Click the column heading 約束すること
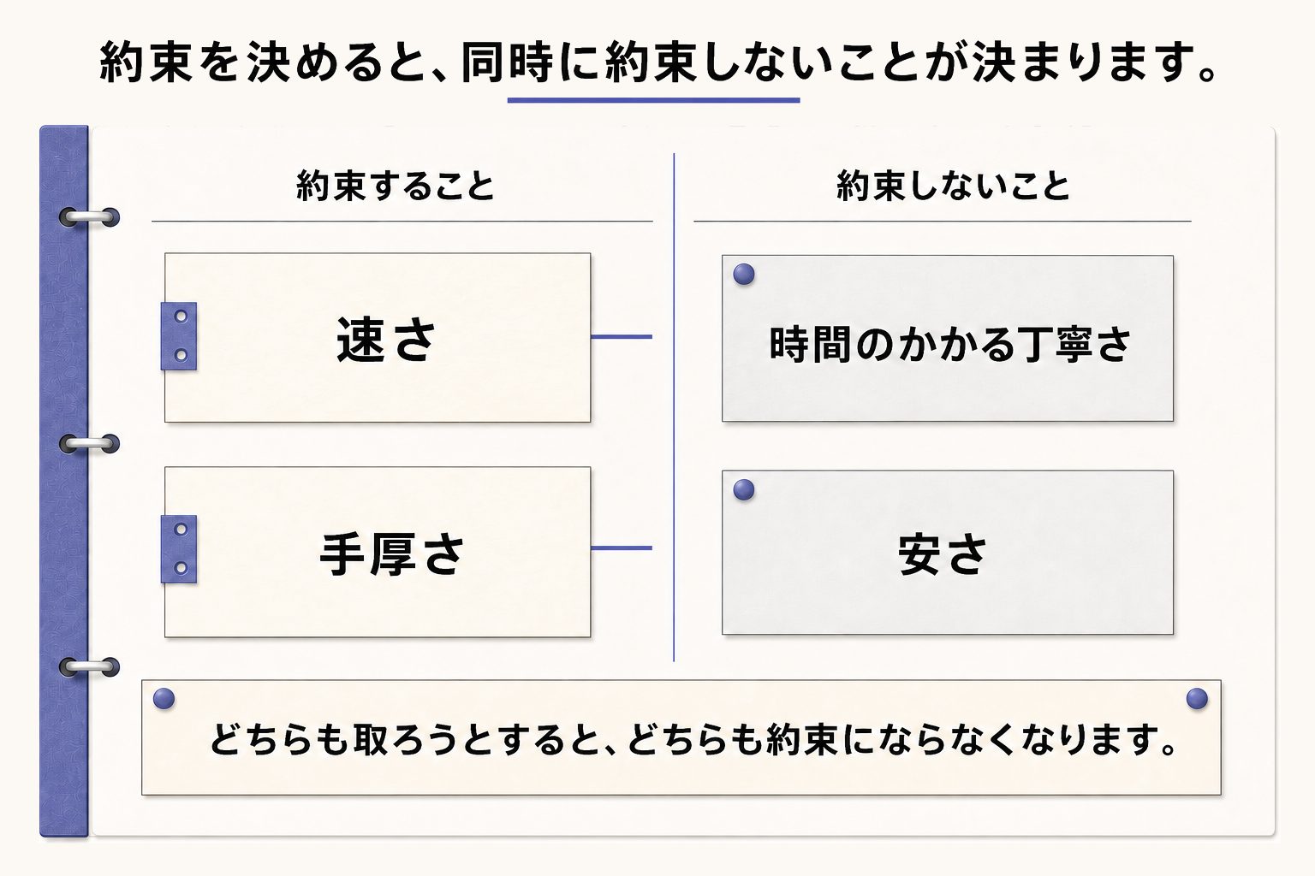coord(395,186)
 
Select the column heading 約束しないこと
coord(954,186)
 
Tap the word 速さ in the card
coord(386,340)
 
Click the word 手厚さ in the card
coord(391,553)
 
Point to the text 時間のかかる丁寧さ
coord(949,344)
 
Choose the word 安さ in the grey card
coord(943,553)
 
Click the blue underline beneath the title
coord(653,100)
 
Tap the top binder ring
coord(89,217)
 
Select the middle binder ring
coord(89,444)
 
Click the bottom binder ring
coord(89,666)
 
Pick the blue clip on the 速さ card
coord(179,336)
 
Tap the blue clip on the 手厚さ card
coord(179,549)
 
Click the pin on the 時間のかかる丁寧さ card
coord(744,274)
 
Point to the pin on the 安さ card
coord(744,489)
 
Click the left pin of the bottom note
coord(164,698)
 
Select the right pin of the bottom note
coord(1197,698)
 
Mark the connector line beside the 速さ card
coord(621,337)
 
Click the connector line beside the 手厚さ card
coord(621,548)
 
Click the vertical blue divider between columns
coord(674,407)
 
